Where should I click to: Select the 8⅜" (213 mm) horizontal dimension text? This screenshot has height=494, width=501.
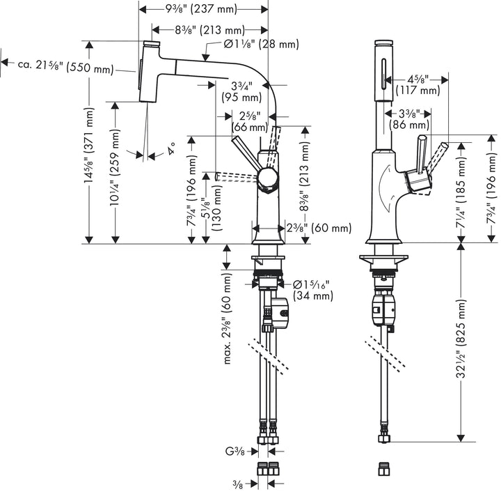tap(202, 30)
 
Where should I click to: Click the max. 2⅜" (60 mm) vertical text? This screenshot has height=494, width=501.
tap(230, 327)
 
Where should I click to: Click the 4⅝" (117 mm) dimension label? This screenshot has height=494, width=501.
tap(418, 84)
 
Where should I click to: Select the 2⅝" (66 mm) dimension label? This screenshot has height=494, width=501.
tap(249, 121)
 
